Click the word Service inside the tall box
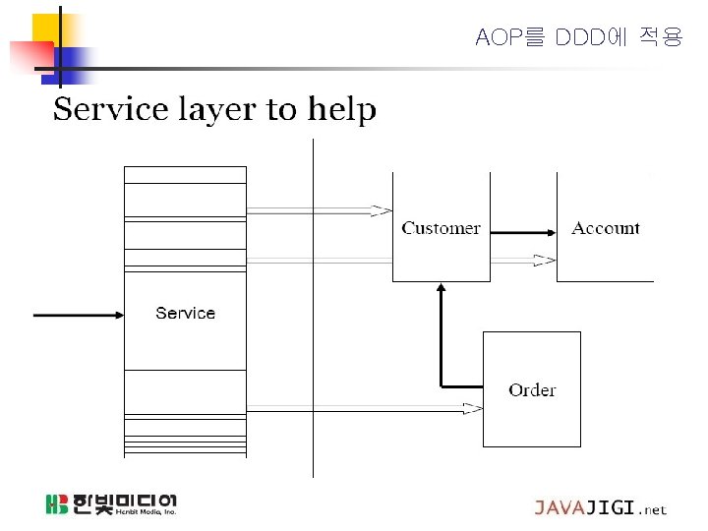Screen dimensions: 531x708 coord(185,313)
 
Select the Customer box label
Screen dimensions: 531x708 coord(441,228)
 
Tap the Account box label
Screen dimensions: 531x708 coord(606,228)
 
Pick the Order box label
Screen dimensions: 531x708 coord(532,390)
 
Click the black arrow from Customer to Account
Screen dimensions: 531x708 coord(521,233)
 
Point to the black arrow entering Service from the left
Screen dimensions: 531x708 coord(79,315)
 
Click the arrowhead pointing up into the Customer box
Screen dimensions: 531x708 coord(442,289)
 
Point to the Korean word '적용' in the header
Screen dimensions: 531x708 coord(659,38)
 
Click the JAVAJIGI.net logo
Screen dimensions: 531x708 coord(600,508)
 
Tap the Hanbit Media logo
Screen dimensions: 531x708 coord(110,504)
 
